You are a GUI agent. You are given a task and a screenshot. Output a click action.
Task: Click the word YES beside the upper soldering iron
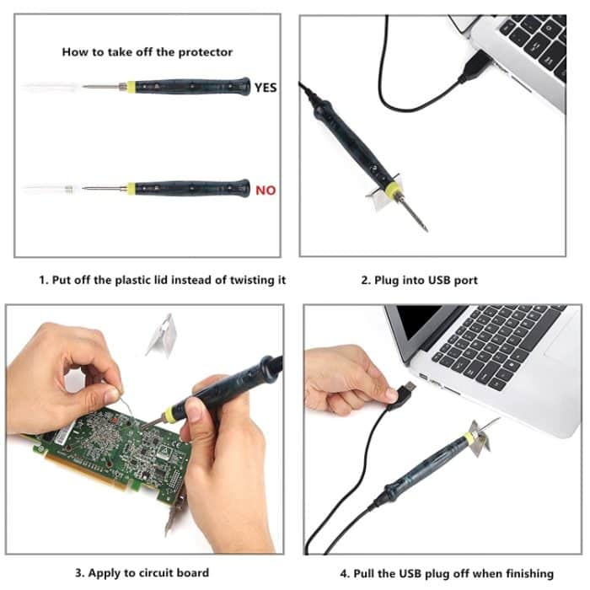point(265,87)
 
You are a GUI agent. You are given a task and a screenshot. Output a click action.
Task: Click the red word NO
point(265,190)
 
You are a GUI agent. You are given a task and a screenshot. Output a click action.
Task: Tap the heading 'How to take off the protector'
point(147,51)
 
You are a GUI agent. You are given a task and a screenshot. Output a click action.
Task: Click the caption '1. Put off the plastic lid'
point(162,280)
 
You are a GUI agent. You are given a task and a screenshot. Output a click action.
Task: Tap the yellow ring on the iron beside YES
point(131,87)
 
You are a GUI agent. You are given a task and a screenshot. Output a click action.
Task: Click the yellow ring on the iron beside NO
point(131,189)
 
